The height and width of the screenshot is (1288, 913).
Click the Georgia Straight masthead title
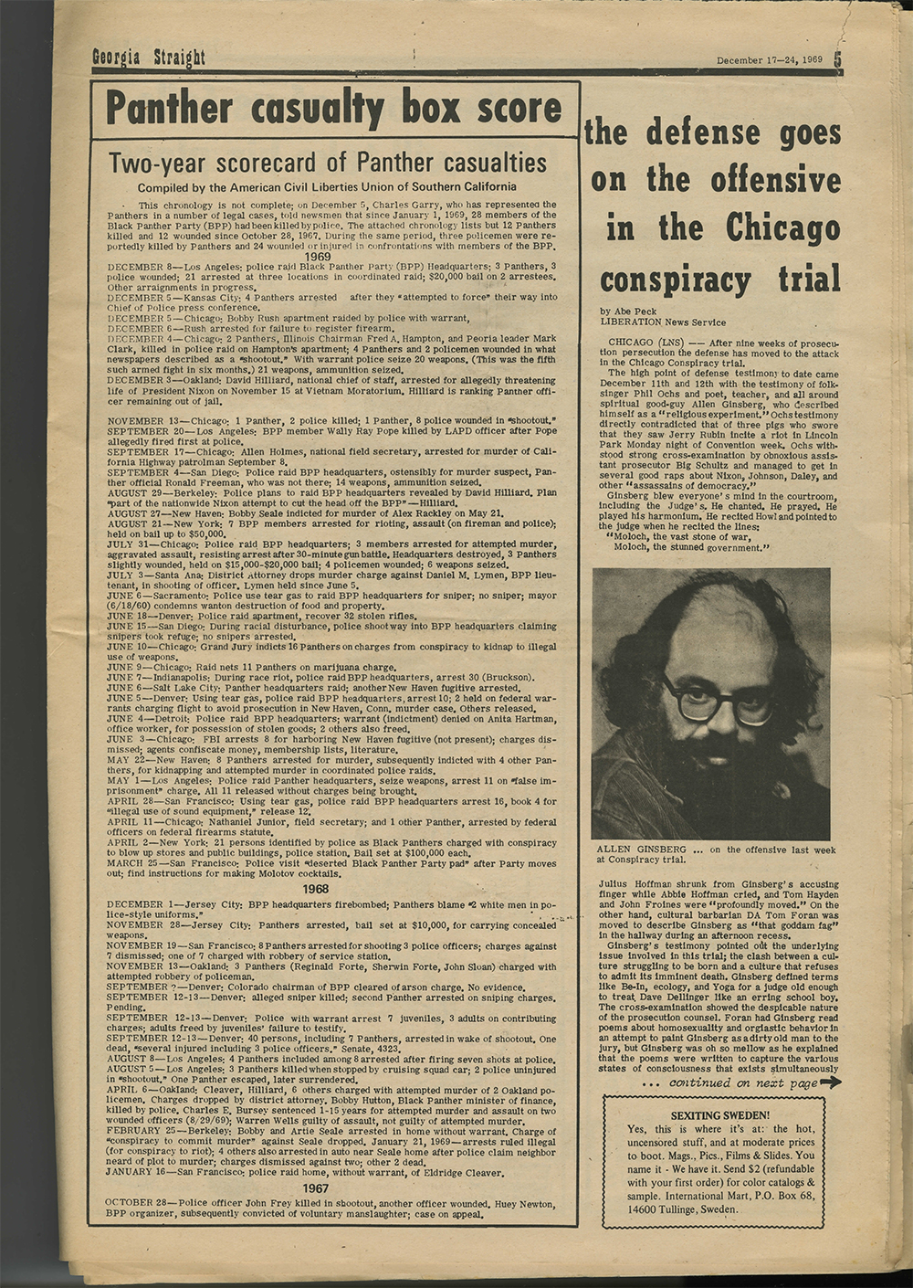148,59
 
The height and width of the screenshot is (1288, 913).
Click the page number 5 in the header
837,58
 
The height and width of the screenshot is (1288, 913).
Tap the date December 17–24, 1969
770,60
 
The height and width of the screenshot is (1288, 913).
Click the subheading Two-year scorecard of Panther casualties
328,164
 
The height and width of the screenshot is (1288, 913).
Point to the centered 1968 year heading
316,889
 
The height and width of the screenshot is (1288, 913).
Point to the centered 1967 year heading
316,1188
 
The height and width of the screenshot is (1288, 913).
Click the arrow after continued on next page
831,1082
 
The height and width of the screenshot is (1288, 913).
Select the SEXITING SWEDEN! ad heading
720,1115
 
